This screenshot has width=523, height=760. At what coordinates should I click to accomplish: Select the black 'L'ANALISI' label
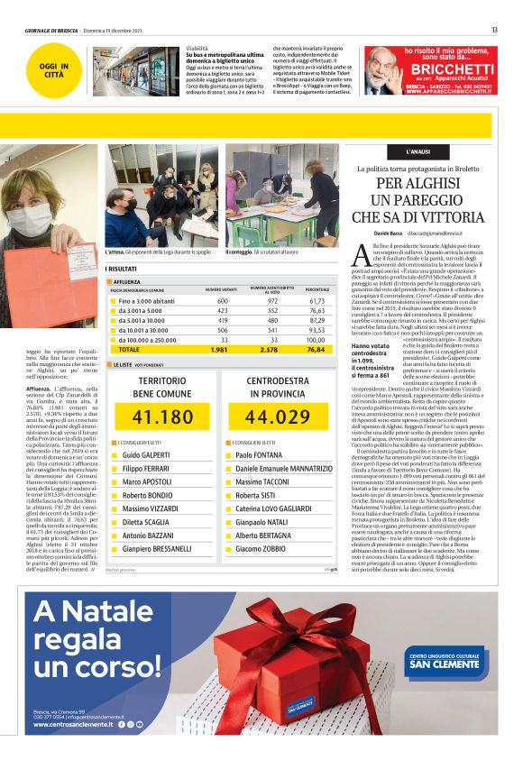point(417,152)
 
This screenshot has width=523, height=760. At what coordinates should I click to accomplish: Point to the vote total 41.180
point(162,417)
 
